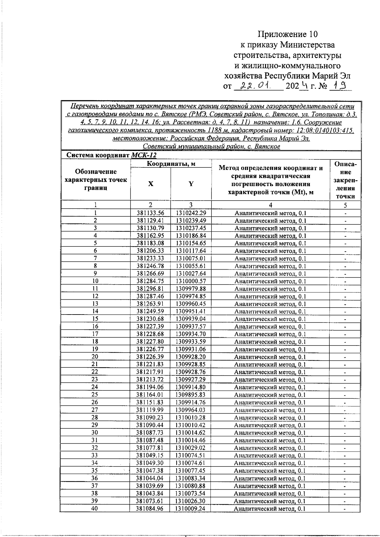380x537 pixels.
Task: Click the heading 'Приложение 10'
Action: (287, 34)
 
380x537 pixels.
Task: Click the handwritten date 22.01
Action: (255, 85)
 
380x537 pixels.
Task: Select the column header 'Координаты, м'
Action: (171, 164)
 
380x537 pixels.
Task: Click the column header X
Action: (151, 184)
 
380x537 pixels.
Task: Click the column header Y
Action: (191, 184)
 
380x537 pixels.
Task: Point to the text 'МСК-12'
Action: (143, 155)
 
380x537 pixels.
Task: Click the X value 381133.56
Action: (150, 213)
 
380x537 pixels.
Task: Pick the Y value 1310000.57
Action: (191, 281)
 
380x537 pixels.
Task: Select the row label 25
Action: (95, 395)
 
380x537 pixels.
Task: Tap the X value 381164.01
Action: (150, 395)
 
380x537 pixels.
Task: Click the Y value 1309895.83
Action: (191, 395)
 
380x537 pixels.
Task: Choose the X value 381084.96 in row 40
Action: (150, 509)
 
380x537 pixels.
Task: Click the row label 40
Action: (95, 509)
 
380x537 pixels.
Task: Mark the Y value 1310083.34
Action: (191, 478)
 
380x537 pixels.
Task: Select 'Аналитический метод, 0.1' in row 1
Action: (270, 213)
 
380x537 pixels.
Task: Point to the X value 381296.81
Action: (150, 289)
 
